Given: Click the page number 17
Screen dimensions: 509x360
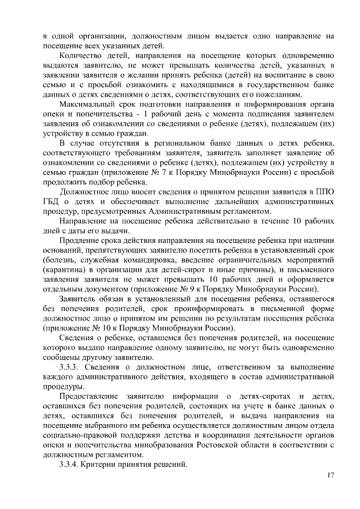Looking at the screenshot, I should click(330, 475).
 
